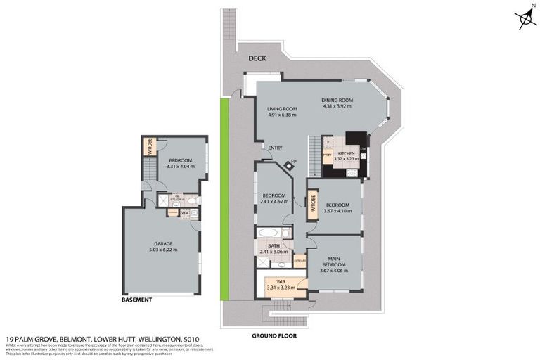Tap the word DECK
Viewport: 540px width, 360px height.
256,58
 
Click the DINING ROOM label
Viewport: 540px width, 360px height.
337,101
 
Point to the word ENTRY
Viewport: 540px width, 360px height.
275,147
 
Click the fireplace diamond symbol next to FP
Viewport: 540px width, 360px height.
288,166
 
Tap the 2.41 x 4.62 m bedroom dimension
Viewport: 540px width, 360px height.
274,201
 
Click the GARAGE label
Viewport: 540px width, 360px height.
164,243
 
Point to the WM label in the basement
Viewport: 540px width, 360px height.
185,213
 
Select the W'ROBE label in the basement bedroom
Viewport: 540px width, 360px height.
149,146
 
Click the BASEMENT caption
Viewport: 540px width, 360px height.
137,300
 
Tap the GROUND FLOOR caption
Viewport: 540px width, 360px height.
274,336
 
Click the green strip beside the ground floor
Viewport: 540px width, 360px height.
225,197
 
